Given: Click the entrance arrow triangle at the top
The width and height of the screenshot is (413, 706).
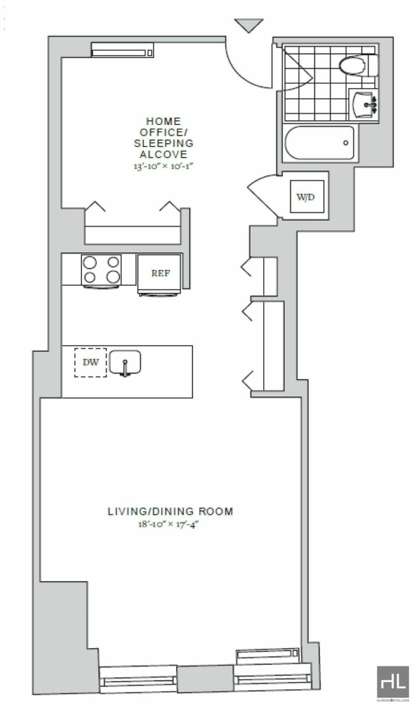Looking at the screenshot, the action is [249, 25].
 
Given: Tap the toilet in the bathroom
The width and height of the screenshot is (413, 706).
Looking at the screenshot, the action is [358, 65].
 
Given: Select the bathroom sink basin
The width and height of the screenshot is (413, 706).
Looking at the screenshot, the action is [365, 104].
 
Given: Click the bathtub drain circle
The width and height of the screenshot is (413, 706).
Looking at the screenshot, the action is [346, 143].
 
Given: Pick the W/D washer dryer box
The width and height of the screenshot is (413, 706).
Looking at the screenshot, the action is [307, 196].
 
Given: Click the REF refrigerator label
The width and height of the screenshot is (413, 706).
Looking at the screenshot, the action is [161, 273].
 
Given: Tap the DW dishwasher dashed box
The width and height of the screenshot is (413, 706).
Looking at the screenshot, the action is [90, 363].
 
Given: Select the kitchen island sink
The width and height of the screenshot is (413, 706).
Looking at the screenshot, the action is [125, 364].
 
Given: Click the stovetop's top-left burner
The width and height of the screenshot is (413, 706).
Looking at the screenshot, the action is [90, 262].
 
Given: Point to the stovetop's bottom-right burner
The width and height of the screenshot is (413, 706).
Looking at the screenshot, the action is [113, 277].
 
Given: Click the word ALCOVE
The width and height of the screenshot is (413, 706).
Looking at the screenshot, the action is [164, 154].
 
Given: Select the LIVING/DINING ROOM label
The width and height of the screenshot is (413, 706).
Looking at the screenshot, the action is [170, 511].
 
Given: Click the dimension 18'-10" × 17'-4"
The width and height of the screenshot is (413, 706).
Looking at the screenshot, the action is [170, 524].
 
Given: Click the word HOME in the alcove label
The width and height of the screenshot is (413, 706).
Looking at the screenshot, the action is [164, 121].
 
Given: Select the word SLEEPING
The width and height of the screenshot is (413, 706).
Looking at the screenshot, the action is [164, 143].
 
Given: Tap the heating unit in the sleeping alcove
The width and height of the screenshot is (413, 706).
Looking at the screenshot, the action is [122, 50].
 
